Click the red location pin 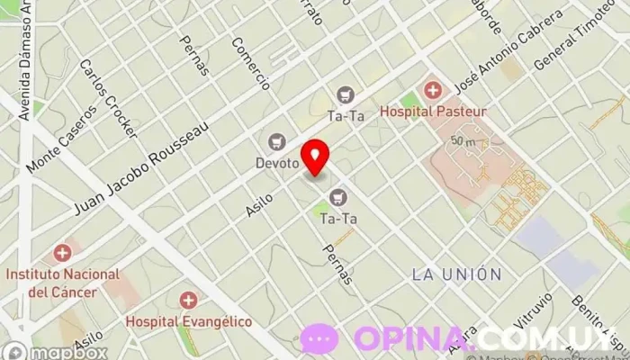(315, 157)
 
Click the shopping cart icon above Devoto (276, 142)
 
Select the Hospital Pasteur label (433, 112)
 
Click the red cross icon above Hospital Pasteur (433, 89)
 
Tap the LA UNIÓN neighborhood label (456, 273)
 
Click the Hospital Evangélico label (188, 320)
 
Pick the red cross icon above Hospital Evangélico (188, 299)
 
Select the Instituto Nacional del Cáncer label (62, 283)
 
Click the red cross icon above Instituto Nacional (62, 254)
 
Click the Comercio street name (250, 63)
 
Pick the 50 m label (464, 141)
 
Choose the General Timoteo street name (581, 36)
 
